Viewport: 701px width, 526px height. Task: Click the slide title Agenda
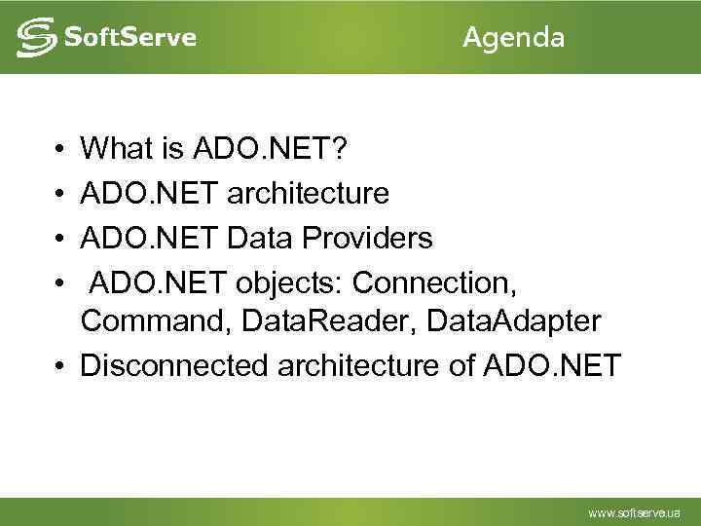pos(513,38)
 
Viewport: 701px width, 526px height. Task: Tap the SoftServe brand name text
pos(129,38)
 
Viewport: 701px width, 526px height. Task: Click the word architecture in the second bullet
pos(308,193)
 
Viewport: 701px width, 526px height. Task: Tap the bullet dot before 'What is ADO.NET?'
pos(60,149)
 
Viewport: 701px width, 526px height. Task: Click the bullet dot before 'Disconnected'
pos(60,366)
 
